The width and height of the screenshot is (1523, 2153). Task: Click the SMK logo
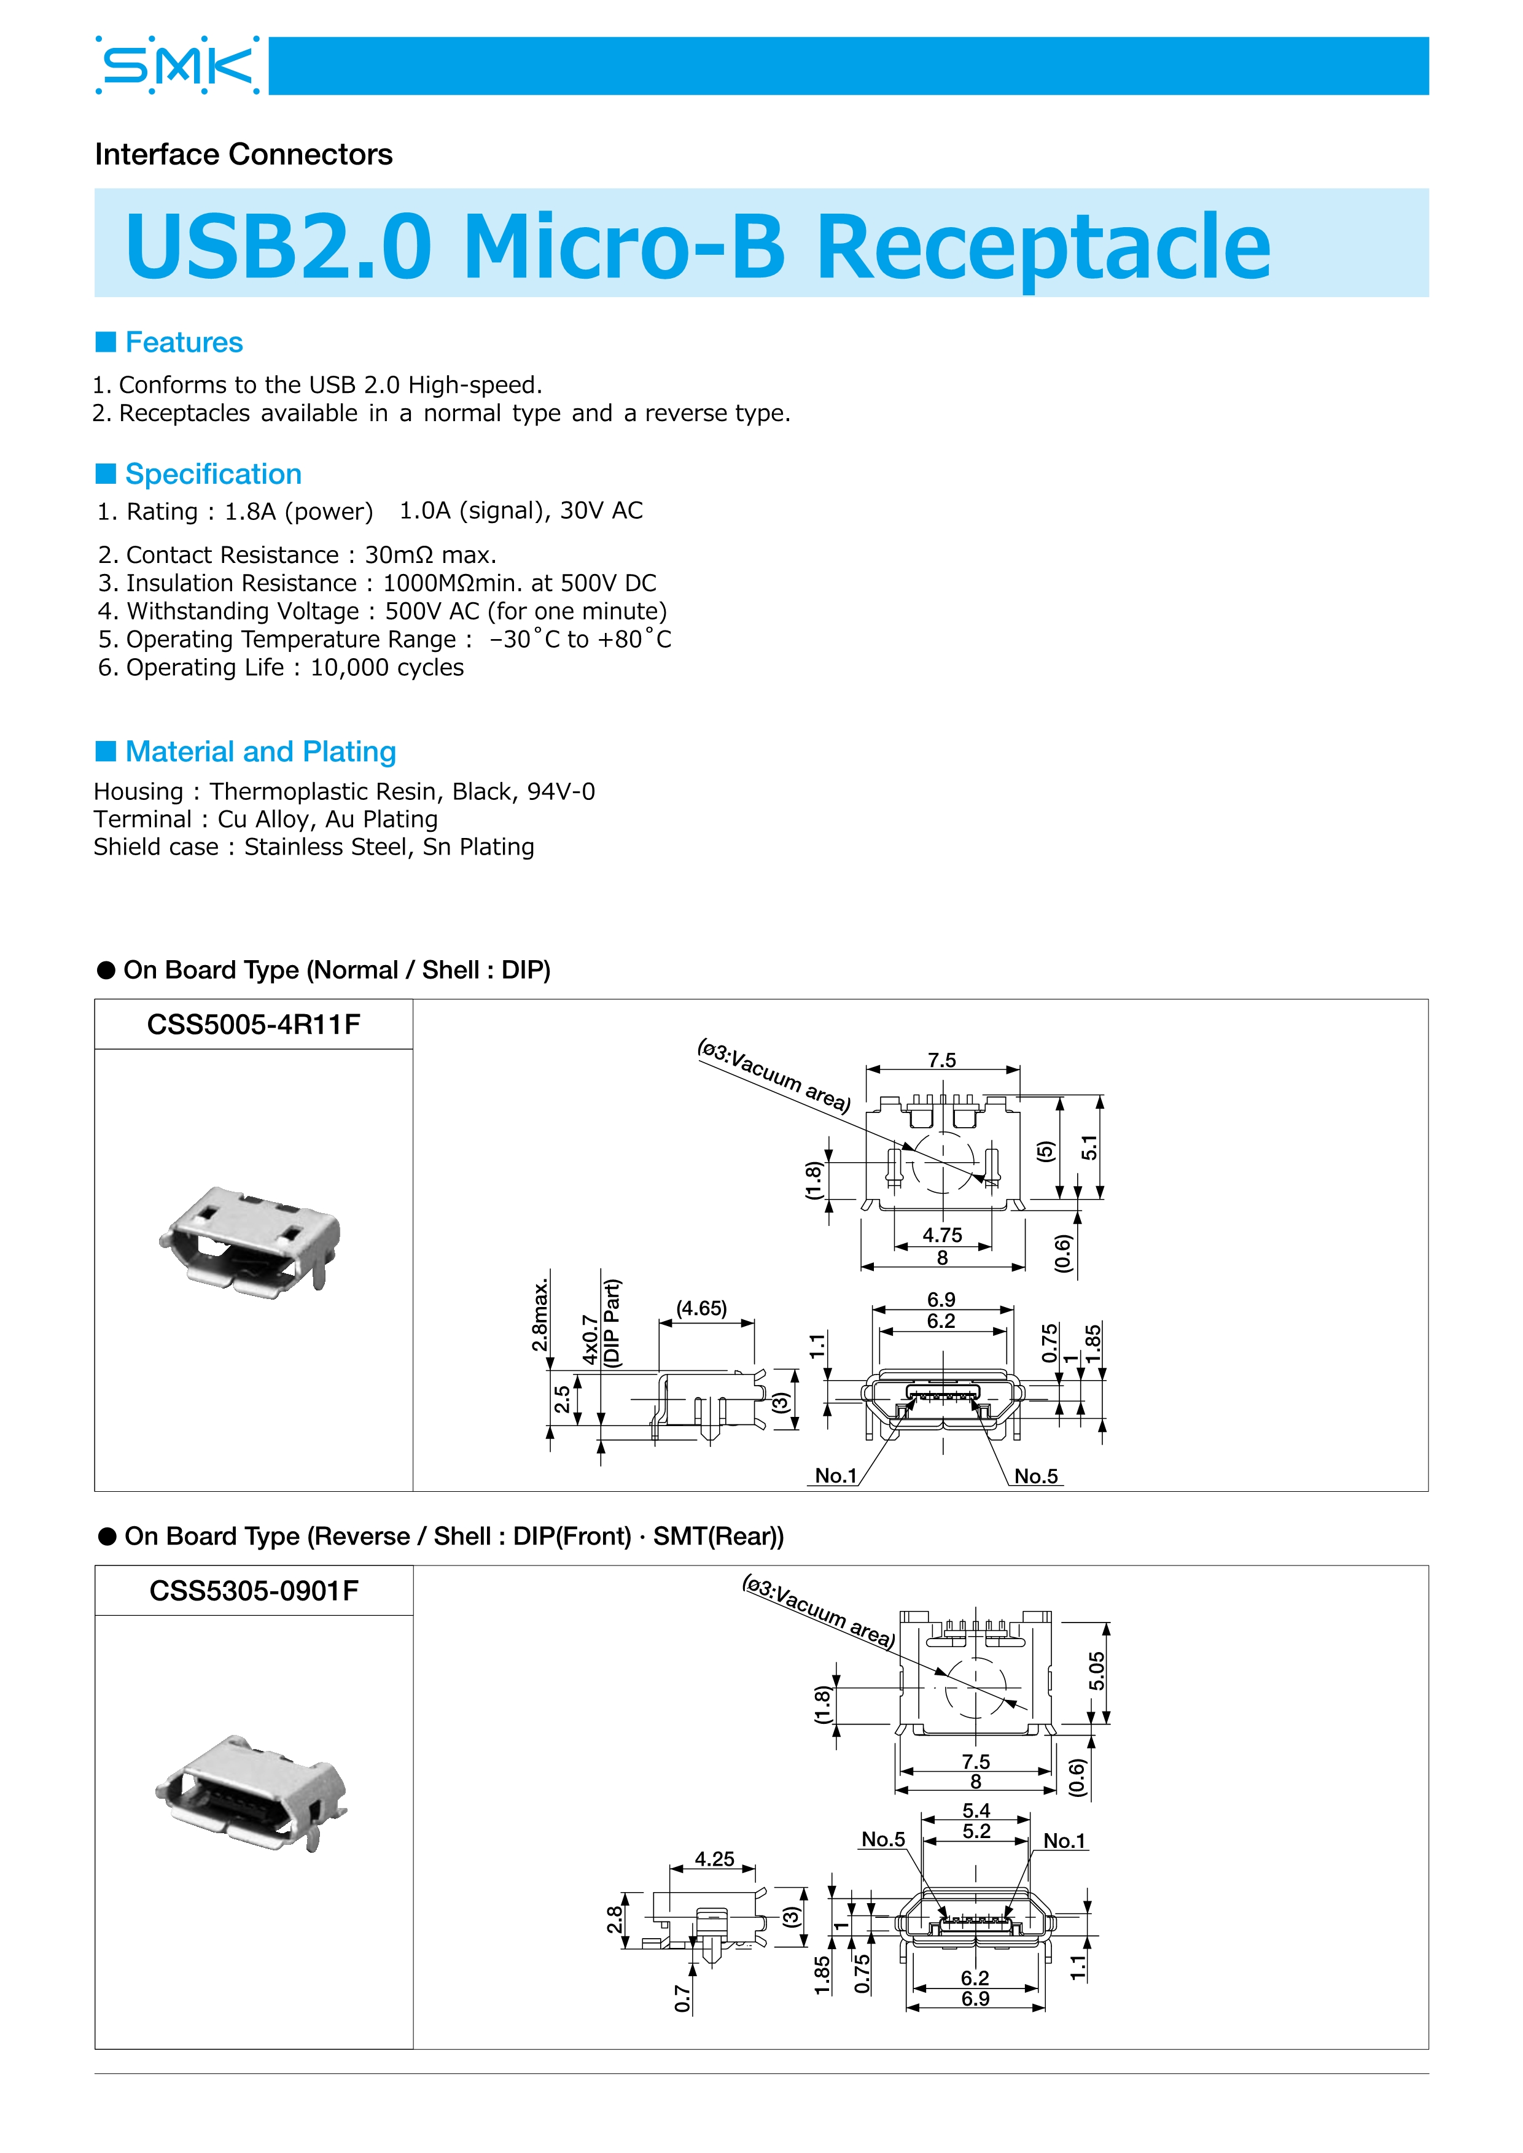click(177, 66)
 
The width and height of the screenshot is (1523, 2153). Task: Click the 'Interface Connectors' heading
click(244, 155)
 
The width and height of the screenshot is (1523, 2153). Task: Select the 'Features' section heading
click(184, 343)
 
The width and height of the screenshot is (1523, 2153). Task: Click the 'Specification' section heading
click(213, 475)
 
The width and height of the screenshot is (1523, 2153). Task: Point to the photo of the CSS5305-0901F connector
click(251, 1791)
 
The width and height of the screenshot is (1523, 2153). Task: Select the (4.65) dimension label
click(701, 1308)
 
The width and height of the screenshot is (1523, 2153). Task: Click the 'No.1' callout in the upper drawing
click(836, 1476)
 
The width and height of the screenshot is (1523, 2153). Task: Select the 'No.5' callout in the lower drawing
click(884, 1839)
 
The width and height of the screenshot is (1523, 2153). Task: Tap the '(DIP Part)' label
click(612, 1322)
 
